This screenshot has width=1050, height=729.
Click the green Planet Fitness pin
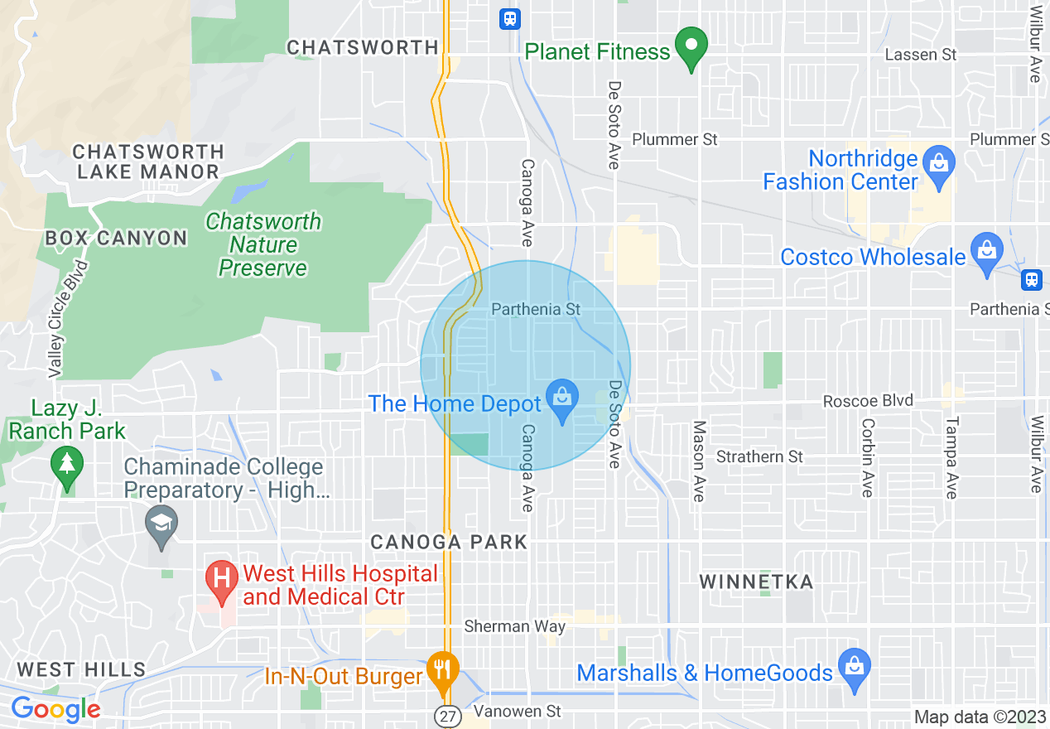coord(691,48)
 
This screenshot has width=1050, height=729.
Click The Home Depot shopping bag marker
coord(562,399)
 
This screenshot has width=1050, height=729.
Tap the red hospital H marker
coord(222,579)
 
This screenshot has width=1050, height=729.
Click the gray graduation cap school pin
coord(161,525)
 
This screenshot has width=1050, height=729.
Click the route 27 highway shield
coord(447,717)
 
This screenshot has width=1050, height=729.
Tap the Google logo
coord(55,709)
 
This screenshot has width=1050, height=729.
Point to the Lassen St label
coord(921,55)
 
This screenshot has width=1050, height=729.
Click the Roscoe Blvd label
coord(868,401)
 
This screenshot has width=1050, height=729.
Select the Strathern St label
coord(759,456)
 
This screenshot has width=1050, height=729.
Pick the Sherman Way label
coord(514,626)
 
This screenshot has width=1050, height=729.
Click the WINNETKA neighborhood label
coord(756,582)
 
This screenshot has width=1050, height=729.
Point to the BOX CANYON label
coord(116,239)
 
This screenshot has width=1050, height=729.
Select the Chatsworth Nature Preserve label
coord(263,245)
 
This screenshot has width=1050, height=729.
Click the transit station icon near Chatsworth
coord(510,18)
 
